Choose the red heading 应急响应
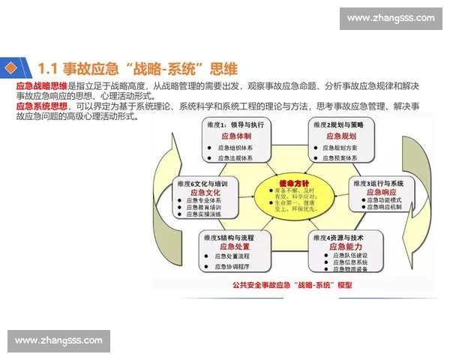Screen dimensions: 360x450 pyautogui.click(x=382, y=193)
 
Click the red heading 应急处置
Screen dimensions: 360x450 pyautogui.click(x=235, y=246)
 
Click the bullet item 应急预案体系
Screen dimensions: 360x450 pyautogui.click(x=344, y=158)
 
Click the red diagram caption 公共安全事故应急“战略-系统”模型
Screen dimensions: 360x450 pyautogui.click(x=292, y=286)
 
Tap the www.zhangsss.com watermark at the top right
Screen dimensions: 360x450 pyautogui.click(x=391, y=18)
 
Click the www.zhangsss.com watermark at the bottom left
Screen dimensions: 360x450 pyautogui.click(x=59, y=341)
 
